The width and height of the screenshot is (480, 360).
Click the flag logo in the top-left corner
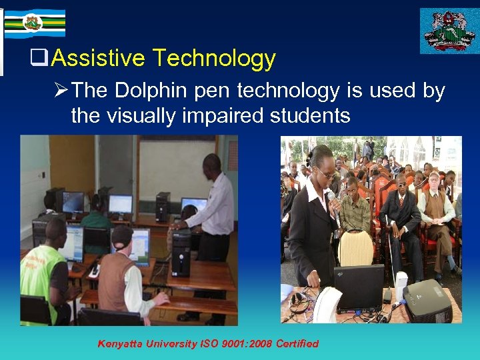coord(33,23)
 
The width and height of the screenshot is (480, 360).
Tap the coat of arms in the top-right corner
coord(449,30)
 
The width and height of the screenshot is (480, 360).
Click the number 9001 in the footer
coord(225,344)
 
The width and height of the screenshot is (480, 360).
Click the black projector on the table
coord(427,302)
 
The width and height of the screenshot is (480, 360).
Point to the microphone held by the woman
coord(331,197)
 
